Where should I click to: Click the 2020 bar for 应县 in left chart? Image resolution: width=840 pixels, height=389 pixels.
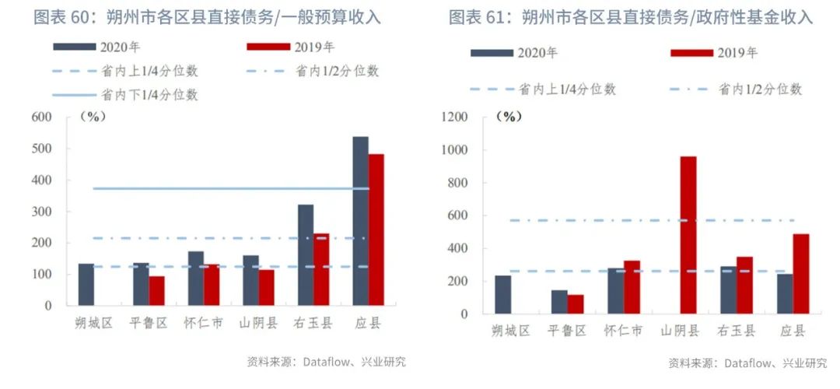point(360,221)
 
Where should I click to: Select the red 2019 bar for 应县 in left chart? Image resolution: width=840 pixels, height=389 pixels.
point(376,230)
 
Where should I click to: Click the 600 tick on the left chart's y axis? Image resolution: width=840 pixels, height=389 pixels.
point(42,117)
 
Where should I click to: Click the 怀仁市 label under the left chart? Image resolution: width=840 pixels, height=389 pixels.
point(204,323)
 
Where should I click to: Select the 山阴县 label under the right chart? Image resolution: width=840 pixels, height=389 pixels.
point(680,331)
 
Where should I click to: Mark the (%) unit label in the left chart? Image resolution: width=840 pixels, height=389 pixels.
point(93,117)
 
